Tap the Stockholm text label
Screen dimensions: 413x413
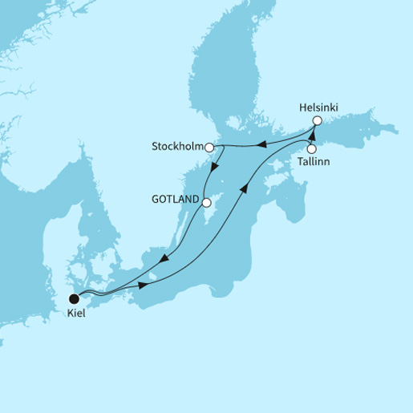[x=176, y=148]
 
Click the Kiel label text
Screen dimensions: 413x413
[x=75, y=314]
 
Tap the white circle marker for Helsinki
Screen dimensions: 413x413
[x=317, y=120]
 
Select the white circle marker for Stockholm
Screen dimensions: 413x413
[x=209, y=148]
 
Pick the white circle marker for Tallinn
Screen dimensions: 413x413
[x=312, y=148]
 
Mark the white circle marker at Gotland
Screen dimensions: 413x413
[x=205, y=203]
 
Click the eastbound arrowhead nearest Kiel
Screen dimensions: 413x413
[x=142, y=285]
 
